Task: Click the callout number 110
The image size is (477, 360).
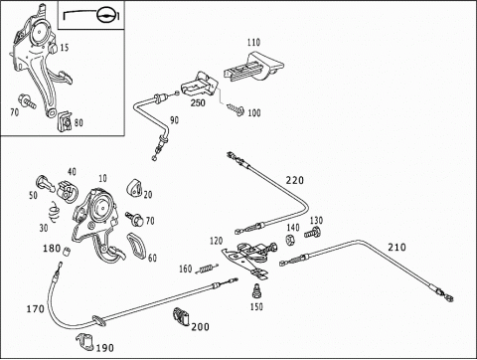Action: (253, 43)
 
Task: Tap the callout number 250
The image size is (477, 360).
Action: (198, 102)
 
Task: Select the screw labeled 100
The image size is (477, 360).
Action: (236, 109)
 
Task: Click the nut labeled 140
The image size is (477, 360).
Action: (290, 240)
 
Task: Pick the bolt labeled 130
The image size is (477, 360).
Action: (312, 232)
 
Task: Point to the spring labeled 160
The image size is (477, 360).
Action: (207, 269)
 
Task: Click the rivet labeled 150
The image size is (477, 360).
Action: (256, 291)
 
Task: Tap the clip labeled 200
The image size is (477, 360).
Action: (181, 317)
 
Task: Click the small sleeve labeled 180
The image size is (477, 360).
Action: (67, 252)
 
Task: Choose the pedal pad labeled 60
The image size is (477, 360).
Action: (136, 246)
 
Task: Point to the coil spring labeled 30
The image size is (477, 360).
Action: (55, 212)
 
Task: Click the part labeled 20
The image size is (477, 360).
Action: (134, 188)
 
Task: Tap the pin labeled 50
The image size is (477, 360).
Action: (45, 183)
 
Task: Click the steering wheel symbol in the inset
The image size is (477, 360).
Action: (106, 15)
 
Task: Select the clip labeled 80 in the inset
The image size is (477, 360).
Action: (65, 121)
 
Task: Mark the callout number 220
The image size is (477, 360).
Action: (295, 180)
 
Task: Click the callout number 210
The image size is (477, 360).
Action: (397, 248)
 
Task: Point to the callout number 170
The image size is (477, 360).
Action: (36, 309)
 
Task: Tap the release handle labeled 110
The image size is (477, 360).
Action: (253, 67)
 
